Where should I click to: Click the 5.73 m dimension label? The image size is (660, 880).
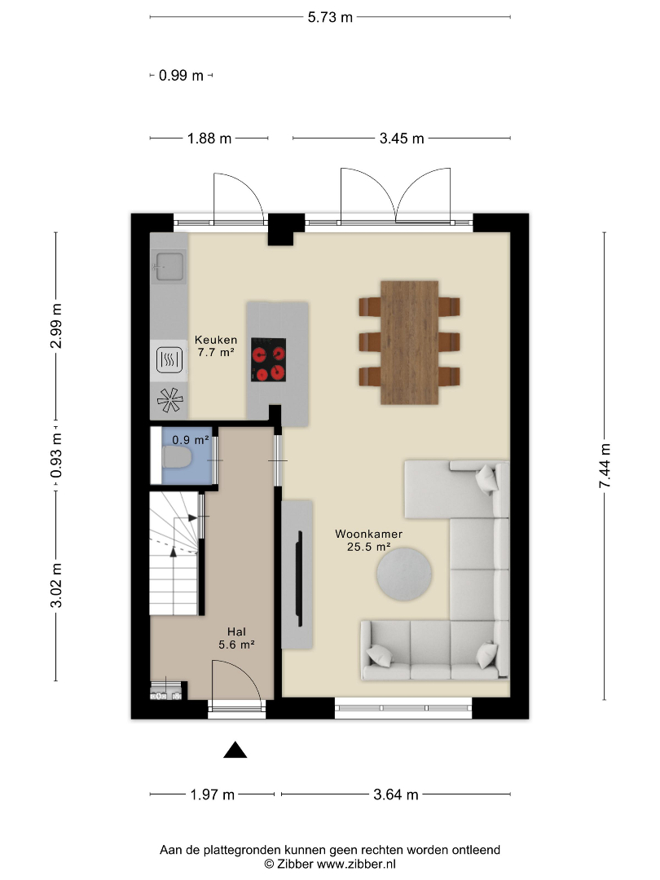coord(330,17)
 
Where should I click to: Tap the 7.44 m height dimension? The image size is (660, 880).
coord(605,466)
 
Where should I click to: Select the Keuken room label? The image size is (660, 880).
coord(216,340)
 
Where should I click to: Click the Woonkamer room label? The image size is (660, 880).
coord(369,534)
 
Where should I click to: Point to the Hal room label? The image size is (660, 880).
coord(236,632)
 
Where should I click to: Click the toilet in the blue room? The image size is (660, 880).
coord(177,459)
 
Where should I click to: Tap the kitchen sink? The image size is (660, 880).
coord(169,266)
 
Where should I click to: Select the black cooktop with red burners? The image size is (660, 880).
coord(268,360)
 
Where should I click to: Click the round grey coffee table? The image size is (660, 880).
coord(404,574)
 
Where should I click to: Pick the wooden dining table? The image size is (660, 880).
coord(409,342)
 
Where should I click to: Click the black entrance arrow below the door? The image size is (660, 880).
coord(235,750)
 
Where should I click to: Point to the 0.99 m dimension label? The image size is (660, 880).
coord(181,75)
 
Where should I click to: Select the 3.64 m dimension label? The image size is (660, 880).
coord(396,794)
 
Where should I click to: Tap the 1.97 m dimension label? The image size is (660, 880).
coord(212,794)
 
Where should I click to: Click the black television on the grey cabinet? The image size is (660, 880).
coord(300,578)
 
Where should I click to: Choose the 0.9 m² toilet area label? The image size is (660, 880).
coord(191,440)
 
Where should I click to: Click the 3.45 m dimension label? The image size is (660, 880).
coord(401,139)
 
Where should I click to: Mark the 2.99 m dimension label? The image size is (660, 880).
coord(56,325)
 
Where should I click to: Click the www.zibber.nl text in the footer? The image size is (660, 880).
coord(356,865)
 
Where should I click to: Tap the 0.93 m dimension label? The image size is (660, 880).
coord(56,455)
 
